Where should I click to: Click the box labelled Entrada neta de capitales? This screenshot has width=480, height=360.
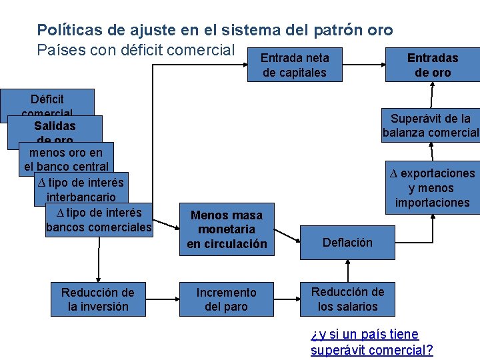coord(295,65)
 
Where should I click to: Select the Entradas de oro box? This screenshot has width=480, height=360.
coord(433,65)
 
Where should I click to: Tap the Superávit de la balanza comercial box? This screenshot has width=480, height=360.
coord(431,126)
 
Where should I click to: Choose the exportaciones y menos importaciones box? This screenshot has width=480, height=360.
coord(433,188)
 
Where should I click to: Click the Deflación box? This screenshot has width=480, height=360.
coord(347,243)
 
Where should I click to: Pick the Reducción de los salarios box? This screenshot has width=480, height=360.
coord(347,299)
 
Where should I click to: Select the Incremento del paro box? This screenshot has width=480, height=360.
coord(226,299)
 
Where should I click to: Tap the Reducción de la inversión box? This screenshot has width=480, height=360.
coord(97,299)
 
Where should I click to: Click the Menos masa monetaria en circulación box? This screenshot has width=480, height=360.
coord(226,229)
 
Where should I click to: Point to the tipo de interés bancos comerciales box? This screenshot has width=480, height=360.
coord(99,220)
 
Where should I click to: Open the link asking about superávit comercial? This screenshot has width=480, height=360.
coord(371,342)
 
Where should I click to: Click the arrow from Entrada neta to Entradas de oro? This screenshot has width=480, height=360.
coord(363,65)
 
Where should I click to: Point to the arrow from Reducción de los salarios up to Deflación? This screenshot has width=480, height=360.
coord(347,270)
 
